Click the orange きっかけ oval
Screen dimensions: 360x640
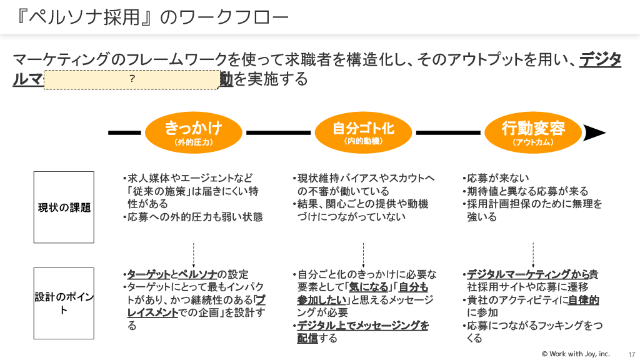(x=194, y=132)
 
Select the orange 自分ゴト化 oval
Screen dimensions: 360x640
(x=363, y=132)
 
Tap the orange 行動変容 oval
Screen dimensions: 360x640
(x=533, y=132)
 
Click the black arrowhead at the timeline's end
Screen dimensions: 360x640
(x=595, y=132)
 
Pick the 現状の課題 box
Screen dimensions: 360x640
(x=64, y=207)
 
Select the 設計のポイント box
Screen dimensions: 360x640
(x=64, y=303)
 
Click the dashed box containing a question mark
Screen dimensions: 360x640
(x=131, y=79)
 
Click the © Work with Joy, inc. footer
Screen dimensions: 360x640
(x=576, y=354)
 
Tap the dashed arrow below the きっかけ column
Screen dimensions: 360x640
(x=194, y=255)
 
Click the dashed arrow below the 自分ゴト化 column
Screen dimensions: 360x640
(x=363, y=255)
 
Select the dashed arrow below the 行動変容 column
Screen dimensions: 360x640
(x=533, y=255)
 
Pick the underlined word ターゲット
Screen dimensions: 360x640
(x=149, y=274)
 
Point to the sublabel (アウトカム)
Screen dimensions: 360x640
(x=533, y=142)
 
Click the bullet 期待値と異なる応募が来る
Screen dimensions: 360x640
(x=527, y=191)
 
